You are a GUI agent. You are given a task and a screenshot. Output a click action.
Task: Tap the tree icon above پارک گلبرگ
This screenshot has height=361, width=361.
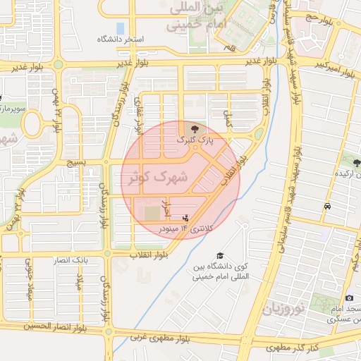195,128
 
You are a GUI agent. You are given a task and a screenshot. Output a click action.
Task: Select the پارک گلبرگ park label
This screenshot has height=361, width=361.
194,140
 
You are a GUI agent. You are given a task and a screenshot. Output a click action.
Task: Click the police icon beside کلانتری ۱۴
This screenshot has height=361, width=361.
185,219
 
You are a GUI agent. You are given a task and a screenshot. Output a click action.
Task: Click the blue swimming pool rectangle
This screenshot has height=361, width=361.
119,28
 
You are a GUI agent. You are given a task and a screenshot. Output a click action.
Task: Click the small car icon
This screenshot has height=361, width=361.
329,207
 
